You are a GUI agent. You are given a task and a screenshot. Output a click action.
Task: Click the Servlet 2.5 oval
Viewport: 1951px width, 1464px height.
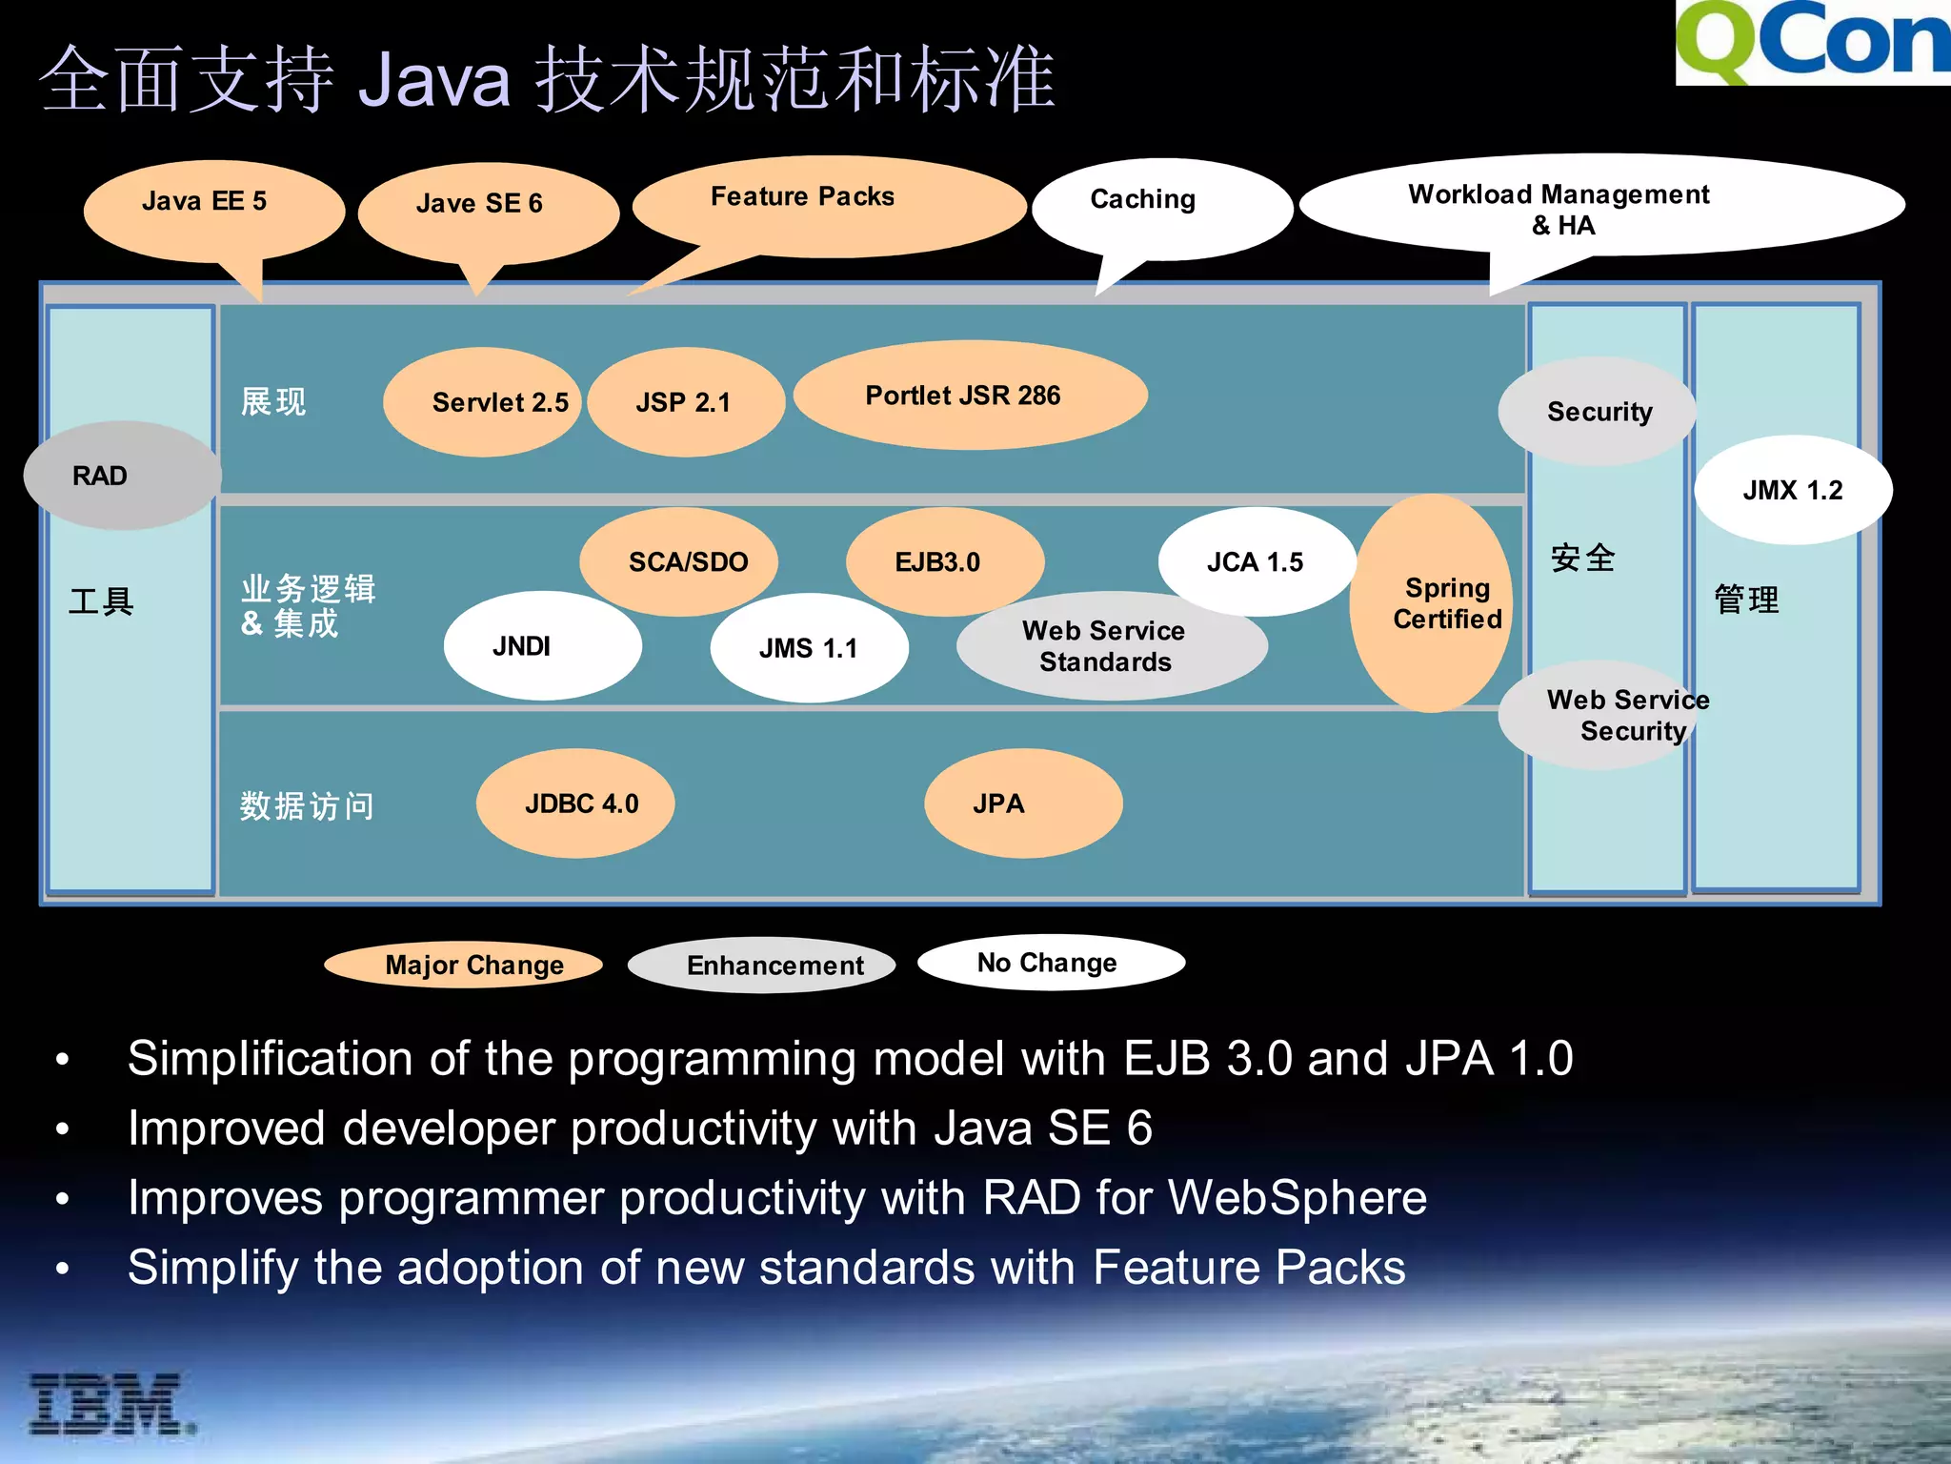(483, 402)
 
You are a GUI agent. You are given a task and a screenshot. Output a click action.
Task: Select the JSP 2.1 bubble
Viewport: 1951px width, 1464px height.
(685, 402)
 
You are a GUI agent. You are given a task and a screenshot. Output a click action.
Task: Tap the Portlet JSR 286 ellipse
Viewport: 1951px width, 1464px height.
(969, 396)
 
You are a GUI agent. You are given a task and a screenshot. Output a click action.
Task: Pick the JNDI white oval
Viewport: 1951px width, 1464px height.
(541, 646)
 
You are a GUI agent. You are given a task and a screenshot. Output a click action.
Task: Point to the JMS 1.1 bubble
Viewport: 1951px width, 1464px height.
(808, 648)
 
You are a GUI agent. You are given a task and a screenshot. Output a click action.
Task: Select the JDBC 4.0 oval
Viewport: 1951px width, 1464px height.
(575, 803)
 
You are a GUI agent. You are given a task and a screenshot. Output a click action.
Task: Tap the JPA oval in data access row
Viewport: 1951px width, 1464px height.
(1022, 803)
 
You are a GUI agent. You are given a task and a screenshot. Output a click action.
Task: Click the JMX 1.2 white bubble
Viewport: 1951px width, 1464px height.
(1792, 490)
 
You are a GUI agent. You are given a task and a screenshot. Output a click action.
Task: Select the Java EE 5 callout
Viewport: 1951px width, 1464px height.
(213, 208)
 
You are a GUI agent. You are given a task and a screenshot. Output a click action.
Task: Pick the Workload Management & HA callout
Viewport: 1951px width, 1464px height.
(1600, 207)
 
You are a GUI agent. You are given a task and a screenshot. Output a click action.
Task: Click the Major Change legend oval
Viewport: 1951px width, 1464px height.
(464, 965)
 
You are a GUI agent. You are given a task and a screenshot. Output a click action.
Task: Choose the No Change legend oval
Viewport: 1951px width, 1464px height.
(1050, 963)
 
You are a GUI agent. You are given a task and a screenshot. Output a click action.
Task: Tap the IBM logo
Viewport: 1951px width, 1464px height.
(110, 1404)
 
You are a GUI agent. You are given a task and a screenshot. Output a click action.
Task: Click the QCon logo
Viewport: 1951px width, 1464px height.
(1812, 43)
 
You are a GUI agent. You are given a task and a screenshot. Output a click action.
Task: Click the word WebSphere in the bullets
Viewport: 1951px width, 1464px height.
(1297, 1197)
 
